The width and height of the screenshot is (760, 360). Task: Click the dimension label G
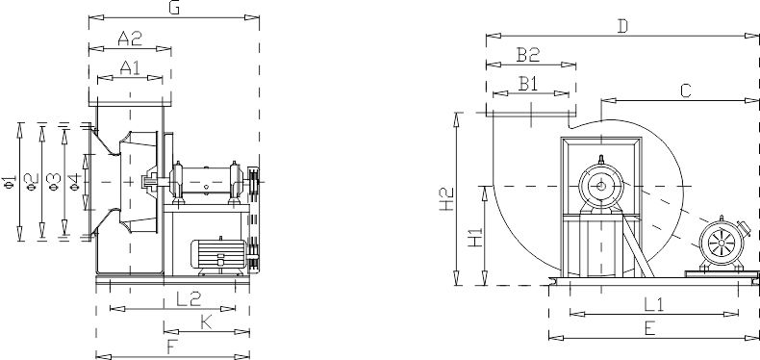point(173,9)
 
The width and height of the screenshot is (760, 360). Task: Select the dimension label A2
point(130,39)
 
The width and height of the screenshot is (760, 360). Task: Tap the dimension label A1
point(130,67)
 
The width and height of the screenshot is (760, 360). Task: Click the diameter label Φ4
point(74,181)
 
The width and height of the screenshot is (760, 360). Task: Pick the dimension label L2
point(188,298)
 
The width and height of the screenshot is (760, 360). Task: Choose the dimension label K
point(207,322)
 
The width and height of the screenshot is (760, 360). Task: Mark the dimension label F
point(171,347)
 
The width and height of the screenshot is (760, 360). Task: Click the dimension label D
point(622,27)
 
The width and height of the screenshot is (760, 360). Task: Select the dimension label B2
point(528,55)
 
